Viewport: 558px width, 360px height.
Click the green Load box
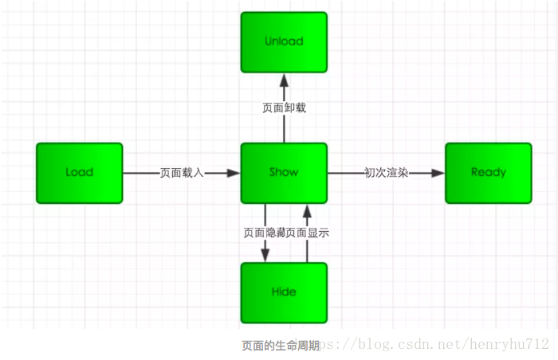pyautogui.click(x=80, y=173)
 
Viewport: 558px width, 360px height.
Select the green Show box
pyautogui.click(x=284, y=173)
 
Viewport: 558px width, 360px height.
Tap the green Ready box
pyautogui.click(x=488, y=173)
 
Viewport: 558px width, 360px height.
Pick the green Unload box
pyautogui.click(x=284, y=41)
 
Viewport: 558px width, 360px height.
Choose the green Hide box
pyautogui.click(x=284, y=292)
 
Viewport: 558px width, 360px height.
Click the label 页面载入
pyautogui.click(x=182, y=173)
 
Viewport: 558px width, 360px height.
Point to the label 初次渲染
pyautogui.click(x=387, y=173)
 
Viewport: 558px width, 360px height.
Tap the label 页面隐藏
pyautogui.click(x=264, y=233)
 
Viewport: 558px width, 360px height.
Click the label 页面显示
pyautogui.click(x=308, y=233)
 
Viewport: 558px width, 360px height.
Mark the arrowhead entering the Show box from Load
pyautogui.click(x=234, y=173)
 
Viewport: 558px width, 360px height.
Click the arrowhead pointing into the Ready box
pyautogui.click(x=438, y=173)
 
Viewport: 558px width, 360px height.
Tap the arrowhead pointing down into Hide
pyautogui.click(x=264, y=255)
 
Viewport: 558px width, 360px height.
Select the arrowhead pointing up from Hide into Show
pyautogui.click(x=306, y=210)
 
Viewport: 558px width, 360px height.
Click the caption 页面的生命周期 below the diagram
pyautogui.click(x=281, y=346)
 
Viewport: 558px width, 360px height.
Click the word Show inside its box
pyautogui.click(x=284, y=173)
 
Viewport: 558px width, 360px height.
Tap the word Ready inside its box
pyautogui.click(x=488, y=173)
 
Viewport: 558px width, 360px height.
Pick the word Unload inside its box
pyautogui.click(x=284, y=41)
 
